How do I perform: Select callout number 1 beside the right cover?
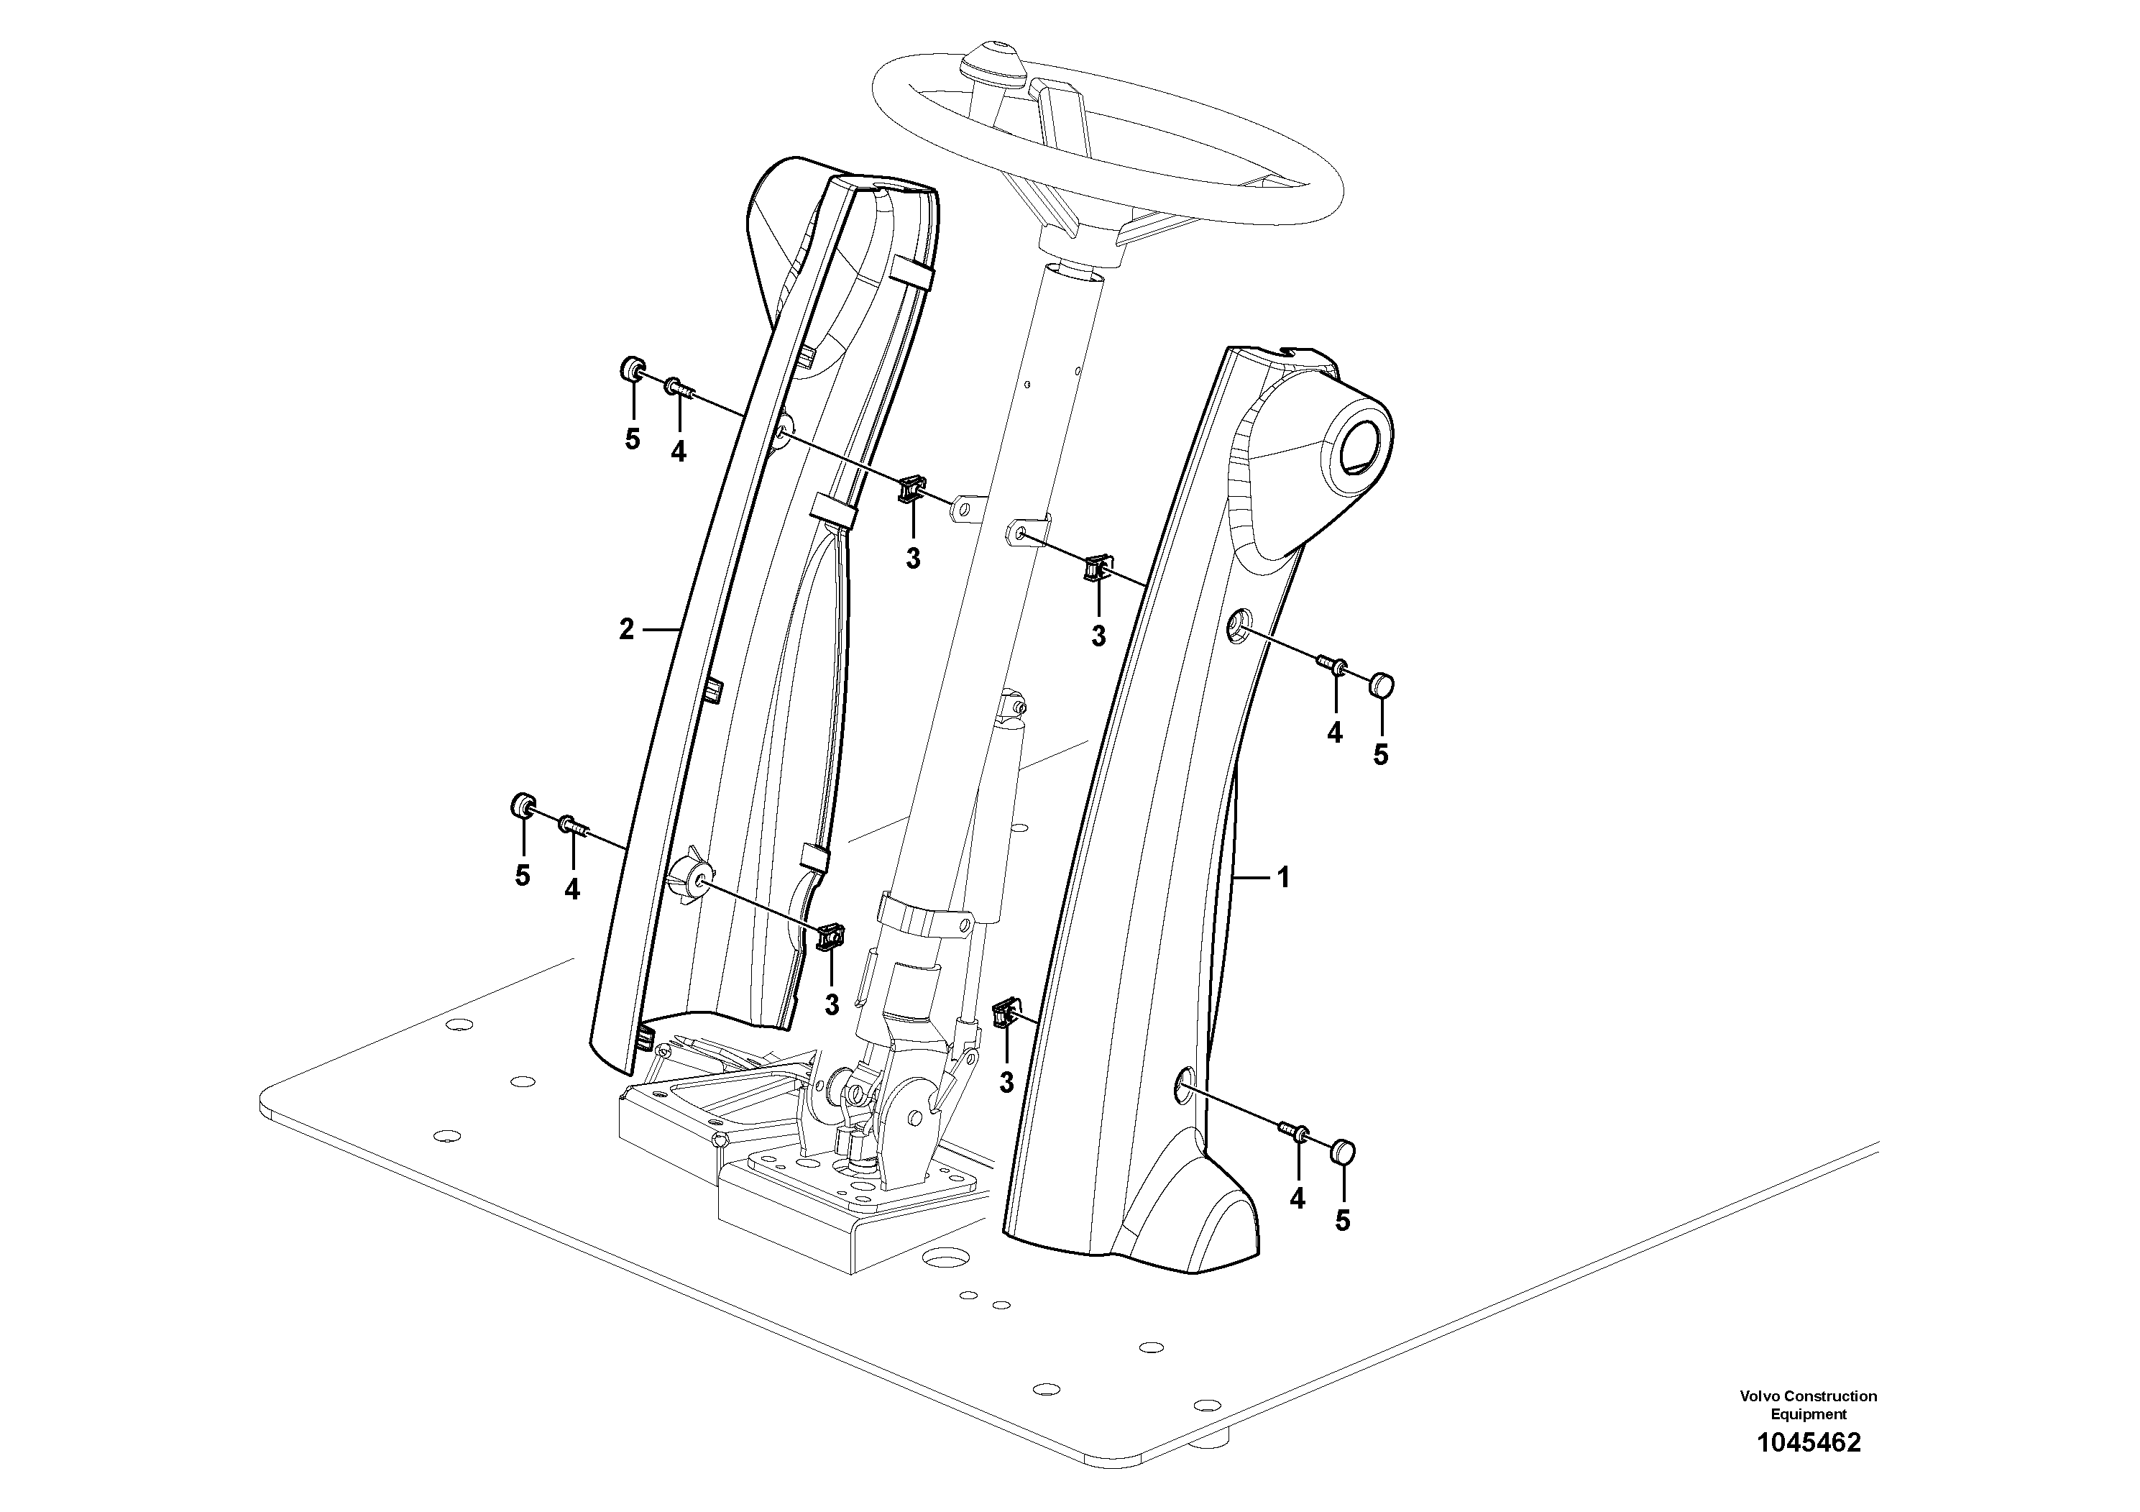coord(1283,877)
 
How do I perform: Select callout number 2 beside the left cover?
coord(626,630)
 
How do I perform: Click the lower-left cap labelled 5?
coord(523,805)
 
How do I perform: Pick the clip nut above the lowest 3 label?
coord(1005,1012)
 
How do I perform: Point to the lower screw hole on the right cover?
coord(1181,1083)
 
